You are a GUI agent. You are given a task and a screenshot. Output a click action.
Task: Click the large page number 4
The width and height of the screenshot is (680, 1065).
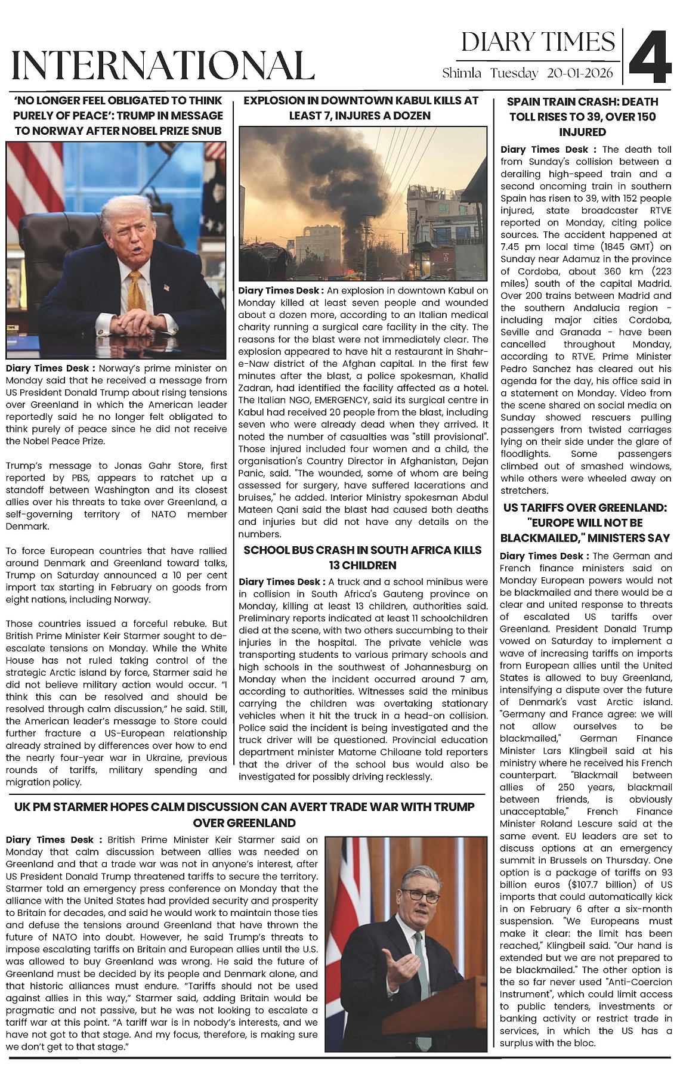650,58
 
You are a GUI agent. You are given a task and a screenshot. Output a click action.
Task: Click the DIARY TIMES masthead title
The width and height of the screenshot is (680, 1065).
537,42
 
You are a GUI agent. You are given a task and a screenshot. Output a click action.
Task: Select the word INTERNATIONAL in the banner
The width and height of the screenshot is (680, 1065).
163,66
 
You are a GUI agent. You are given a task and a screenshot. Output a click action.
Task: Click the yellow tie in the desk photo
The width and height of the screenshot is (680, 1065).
137,292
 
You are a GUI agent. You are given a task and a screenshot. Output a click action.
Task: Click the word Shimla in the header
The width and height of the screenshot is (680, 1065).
462,73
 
